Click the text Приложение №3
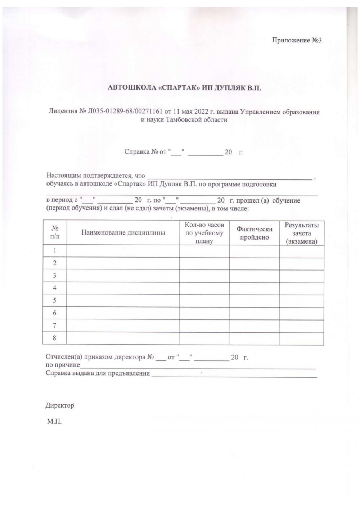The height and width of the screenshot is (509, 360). tap(296, 40)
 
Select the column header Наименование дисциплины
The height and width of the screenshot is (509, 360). tap(123, 233)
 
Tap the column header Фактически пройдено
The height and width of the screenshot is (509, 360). tap(254, 233)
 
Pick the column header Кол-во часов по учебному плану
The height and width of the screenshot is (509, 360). tap(204, 233)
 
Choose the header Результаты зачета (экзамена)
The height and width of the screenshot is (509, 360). tap(302, 233)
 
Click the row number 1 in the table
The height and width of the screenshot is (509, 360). tap(55, 251)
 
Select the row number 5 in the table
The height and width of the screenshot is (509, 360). tap(55, 300)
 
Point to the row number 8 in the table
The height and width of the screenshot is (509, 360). tap(55, 338)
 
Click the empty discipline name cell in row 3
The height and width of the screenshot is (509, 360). tap(123, 276)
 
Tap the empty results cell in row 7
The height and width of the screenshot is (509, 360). tap(302, 326)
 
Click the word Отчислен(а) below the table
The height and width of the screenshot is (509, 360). tap(64, 358)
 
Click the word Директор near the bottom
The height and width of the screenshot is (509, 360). tap(60, 405)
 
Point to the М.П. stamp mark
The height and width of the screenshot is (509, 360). tap(54, 421)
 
